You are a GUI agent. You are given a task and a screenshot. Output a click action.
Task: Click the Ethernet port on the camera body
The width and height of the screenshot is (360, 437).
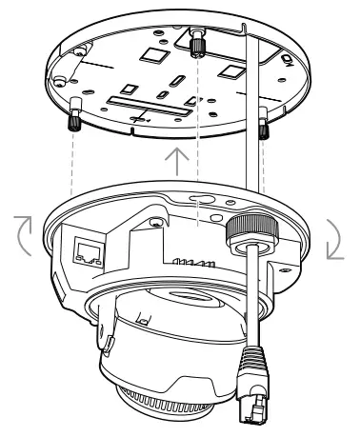click(84, 248)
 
